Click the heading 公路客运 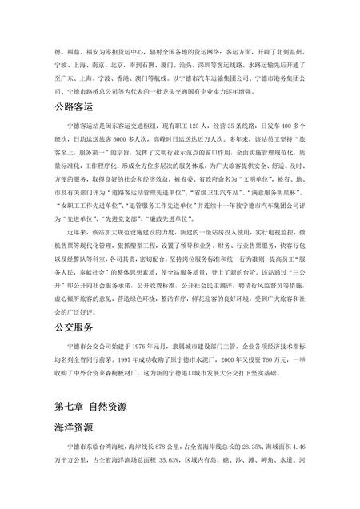[74, 106]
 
